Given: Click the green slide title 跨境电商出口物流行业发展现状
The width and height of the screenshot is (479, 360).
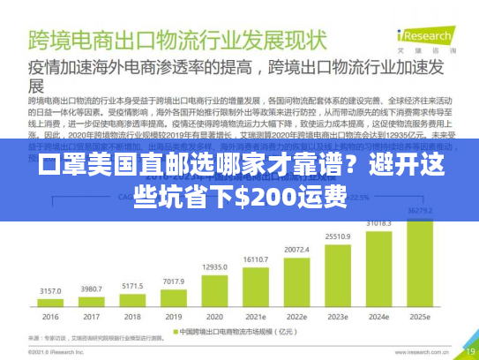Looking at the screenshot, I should pos(176,41).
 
